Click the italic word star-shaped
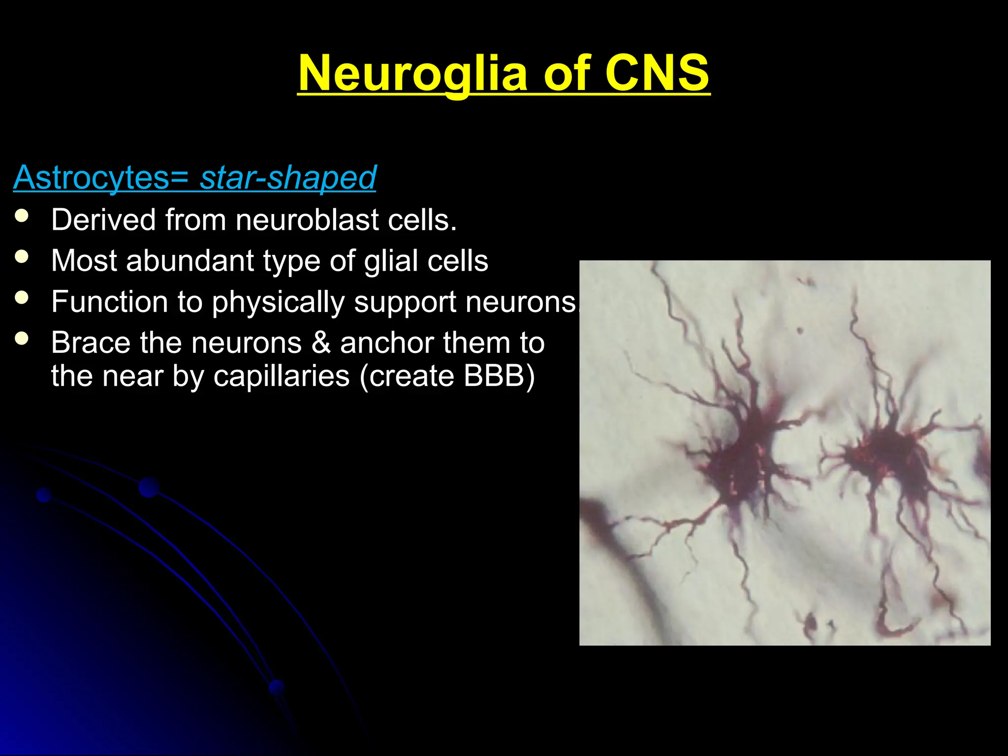click(x=288, y=178)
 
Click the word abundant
click(x=189, y=260)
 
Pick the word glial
click(x=391, y=260)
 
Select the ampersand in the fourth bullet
click(x=321, y=343)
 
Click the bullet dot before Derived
click(x=22, y=216)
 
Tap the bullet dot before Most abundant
click(x=22, y=257)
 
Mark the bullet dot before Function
click(x=22, y=298)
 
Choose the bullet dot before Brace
click(x=22, y=339)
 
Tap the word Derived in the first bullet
click(x=103, y=220)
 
